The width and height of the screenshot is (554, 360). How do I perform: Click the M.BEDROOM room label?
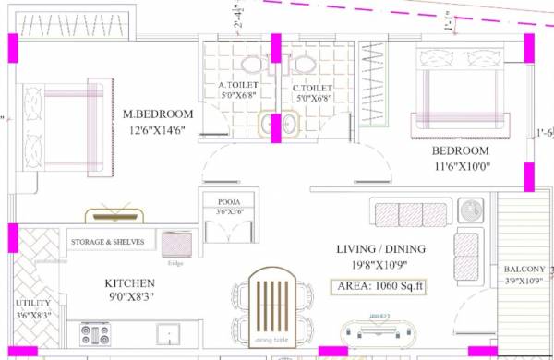point(158,114)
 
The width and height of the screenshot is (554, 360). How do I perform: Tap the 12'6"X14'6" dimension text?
point(160,131)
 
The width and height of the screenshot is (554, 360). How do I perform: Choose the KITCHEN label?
point(127,283)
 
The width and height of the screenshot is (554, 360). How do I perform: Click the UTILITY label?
point(33,303)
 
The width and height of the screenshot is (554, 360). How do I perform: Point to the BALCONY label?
point(524,270)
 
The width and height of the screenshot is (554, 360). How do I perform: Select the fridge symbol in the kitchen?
point(175,244)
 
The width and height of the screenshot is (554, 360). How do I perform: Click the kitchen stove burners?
point(96,332)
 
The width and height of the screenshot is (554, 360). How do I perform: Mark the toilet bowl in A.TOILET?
point(250,65)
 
